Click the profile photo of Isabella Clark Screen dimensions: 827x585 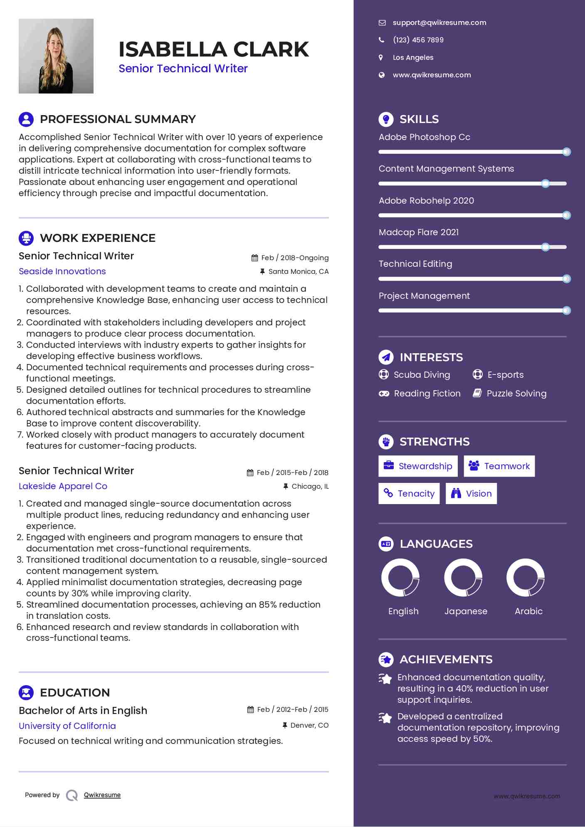click(x=56, y=56)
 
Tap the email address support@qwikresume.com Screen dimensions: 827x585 click(x=439, y=23)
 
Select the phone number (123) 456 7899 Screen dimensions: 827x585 click(x=418, y=40)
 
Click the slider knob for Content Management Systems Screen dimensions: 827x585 click(x=546, y=184)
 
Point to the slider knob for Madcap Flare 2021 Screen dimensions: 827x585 click(x=546, y=247)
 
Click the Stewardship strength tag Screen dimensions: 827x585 click(x=418, y=466)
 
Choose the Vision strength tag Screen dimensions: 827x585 click(x=471, y=494)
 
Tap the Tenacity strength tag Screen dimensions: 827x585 click(x=409, y=494)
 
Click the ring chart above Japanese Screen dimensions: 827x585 click(x=463, y=578)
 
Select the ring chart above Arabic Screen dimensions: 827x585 click(x=526, y=578)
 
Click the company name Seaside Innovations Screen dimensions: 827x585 click(x=62, y=271)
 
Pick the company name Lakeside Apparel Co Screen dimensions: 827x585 click(x=63, y=486)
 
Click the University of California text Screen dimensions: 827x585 click(x=67, y=726)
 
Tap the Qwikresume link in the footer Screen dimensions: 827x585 click(x=102, y=795)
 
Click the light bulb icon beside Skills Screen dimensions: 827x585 click(x=386, y=119)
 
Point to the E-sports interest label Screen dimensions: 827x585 click(x=505, y=375)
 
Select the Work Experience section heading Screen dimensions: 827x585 click(x=97, y=238)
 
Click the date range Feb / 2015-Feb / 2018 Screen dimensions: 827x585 click(x=292, y=473)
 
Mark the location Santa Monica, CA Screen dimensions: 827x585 click(x=298, y=272)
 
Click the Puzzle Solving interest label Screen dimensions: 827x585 click(x=516, y=394)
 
